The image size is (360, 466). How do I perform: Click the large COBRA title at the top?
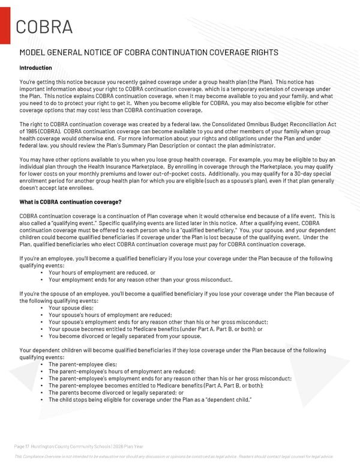coord(44,27)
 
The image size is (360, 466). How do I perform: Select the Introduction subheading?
coord(35,68)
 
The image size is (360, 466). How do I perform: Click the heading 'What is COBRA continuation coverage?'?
coord(71,202)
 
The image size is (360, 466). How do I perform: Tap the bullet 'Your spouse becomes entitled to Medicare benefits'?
coord(155,329)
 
